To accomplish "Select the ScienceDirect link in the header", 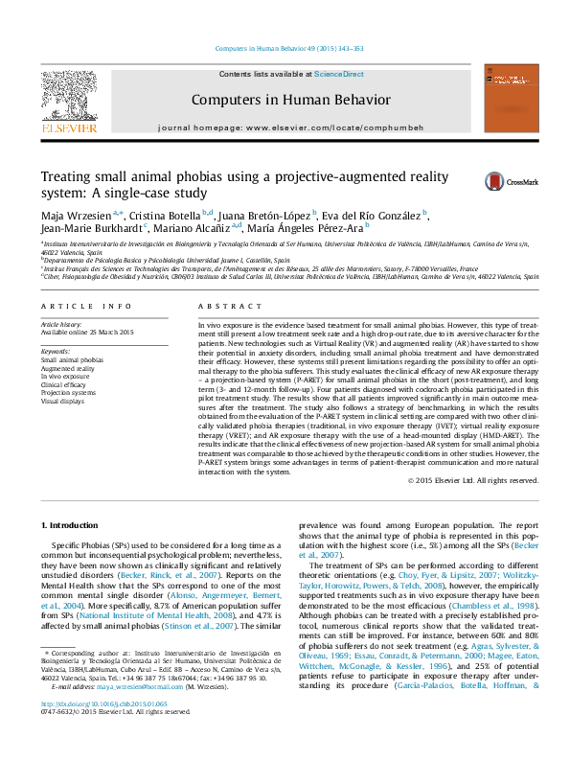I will coord(337,75).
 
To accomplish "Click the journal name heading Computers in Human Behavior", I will coord(290,100).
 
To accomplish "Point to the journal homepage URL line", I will coord(290,127).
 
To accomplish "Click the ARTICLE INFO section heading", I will coord(86,307).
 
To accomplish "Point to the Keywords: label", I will coord(57,353).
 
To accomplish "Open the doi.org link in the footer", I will coord(103,729).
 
